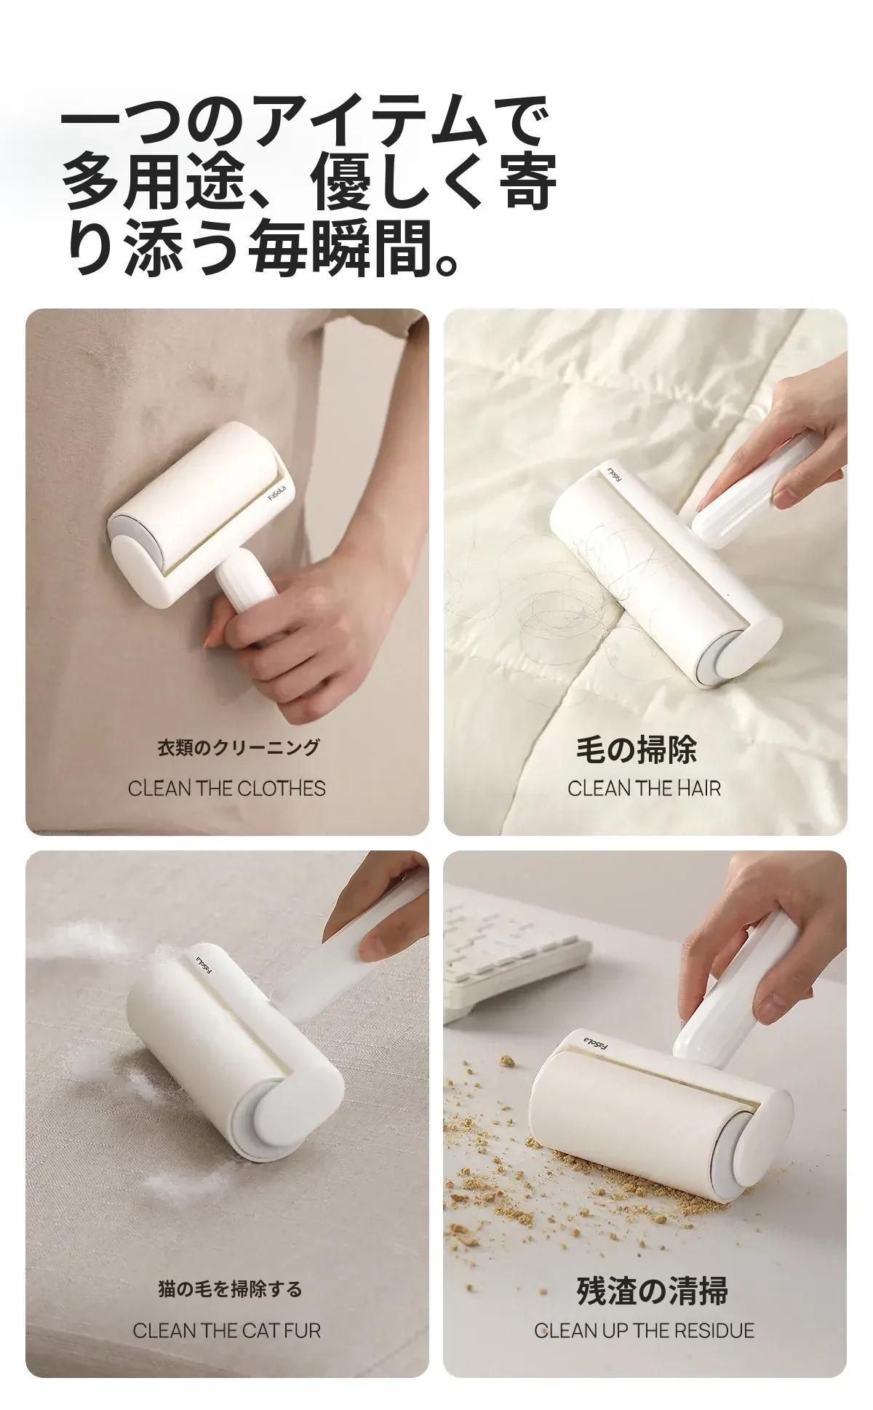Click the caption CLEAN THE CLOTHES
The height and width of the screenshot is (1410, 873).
[226, 789]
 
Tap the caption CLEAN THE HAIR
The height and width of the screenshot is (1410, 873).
[645, 789]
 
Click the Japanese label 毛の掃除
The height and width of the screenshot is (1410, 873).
[637, 750]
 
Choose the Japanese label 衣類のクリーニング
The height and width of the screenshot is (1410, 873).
[239, 748]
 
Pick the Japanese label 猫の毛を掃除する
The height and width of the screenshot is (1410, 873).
[230, 1290]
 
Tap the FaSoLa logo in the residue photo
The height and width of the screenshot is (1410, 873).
[597, 1043]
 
